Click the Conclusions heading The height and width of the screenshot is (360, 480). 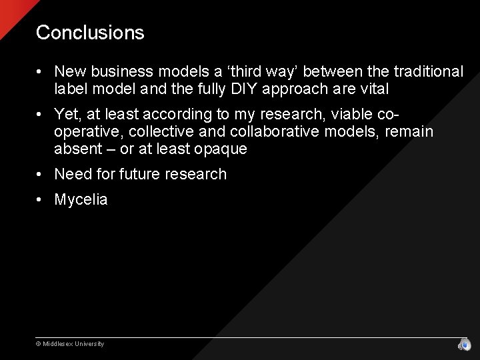[90, 33]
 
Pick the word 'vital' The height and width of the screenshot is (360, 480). [373, 89]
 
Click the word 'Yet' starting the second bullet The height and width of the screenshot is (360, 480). [67, 115]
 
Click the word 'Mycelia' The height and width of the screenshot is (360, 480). [81, 200]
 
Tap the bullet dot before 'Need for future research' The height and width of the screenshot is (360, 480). [41, 175]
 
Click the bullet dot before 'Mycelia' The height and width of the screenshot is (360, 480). [41, 200]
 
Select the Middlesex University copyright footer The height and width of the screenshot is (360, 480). [70, 344]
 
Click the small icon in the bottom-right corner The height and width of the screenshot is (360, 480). [464, 345]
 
